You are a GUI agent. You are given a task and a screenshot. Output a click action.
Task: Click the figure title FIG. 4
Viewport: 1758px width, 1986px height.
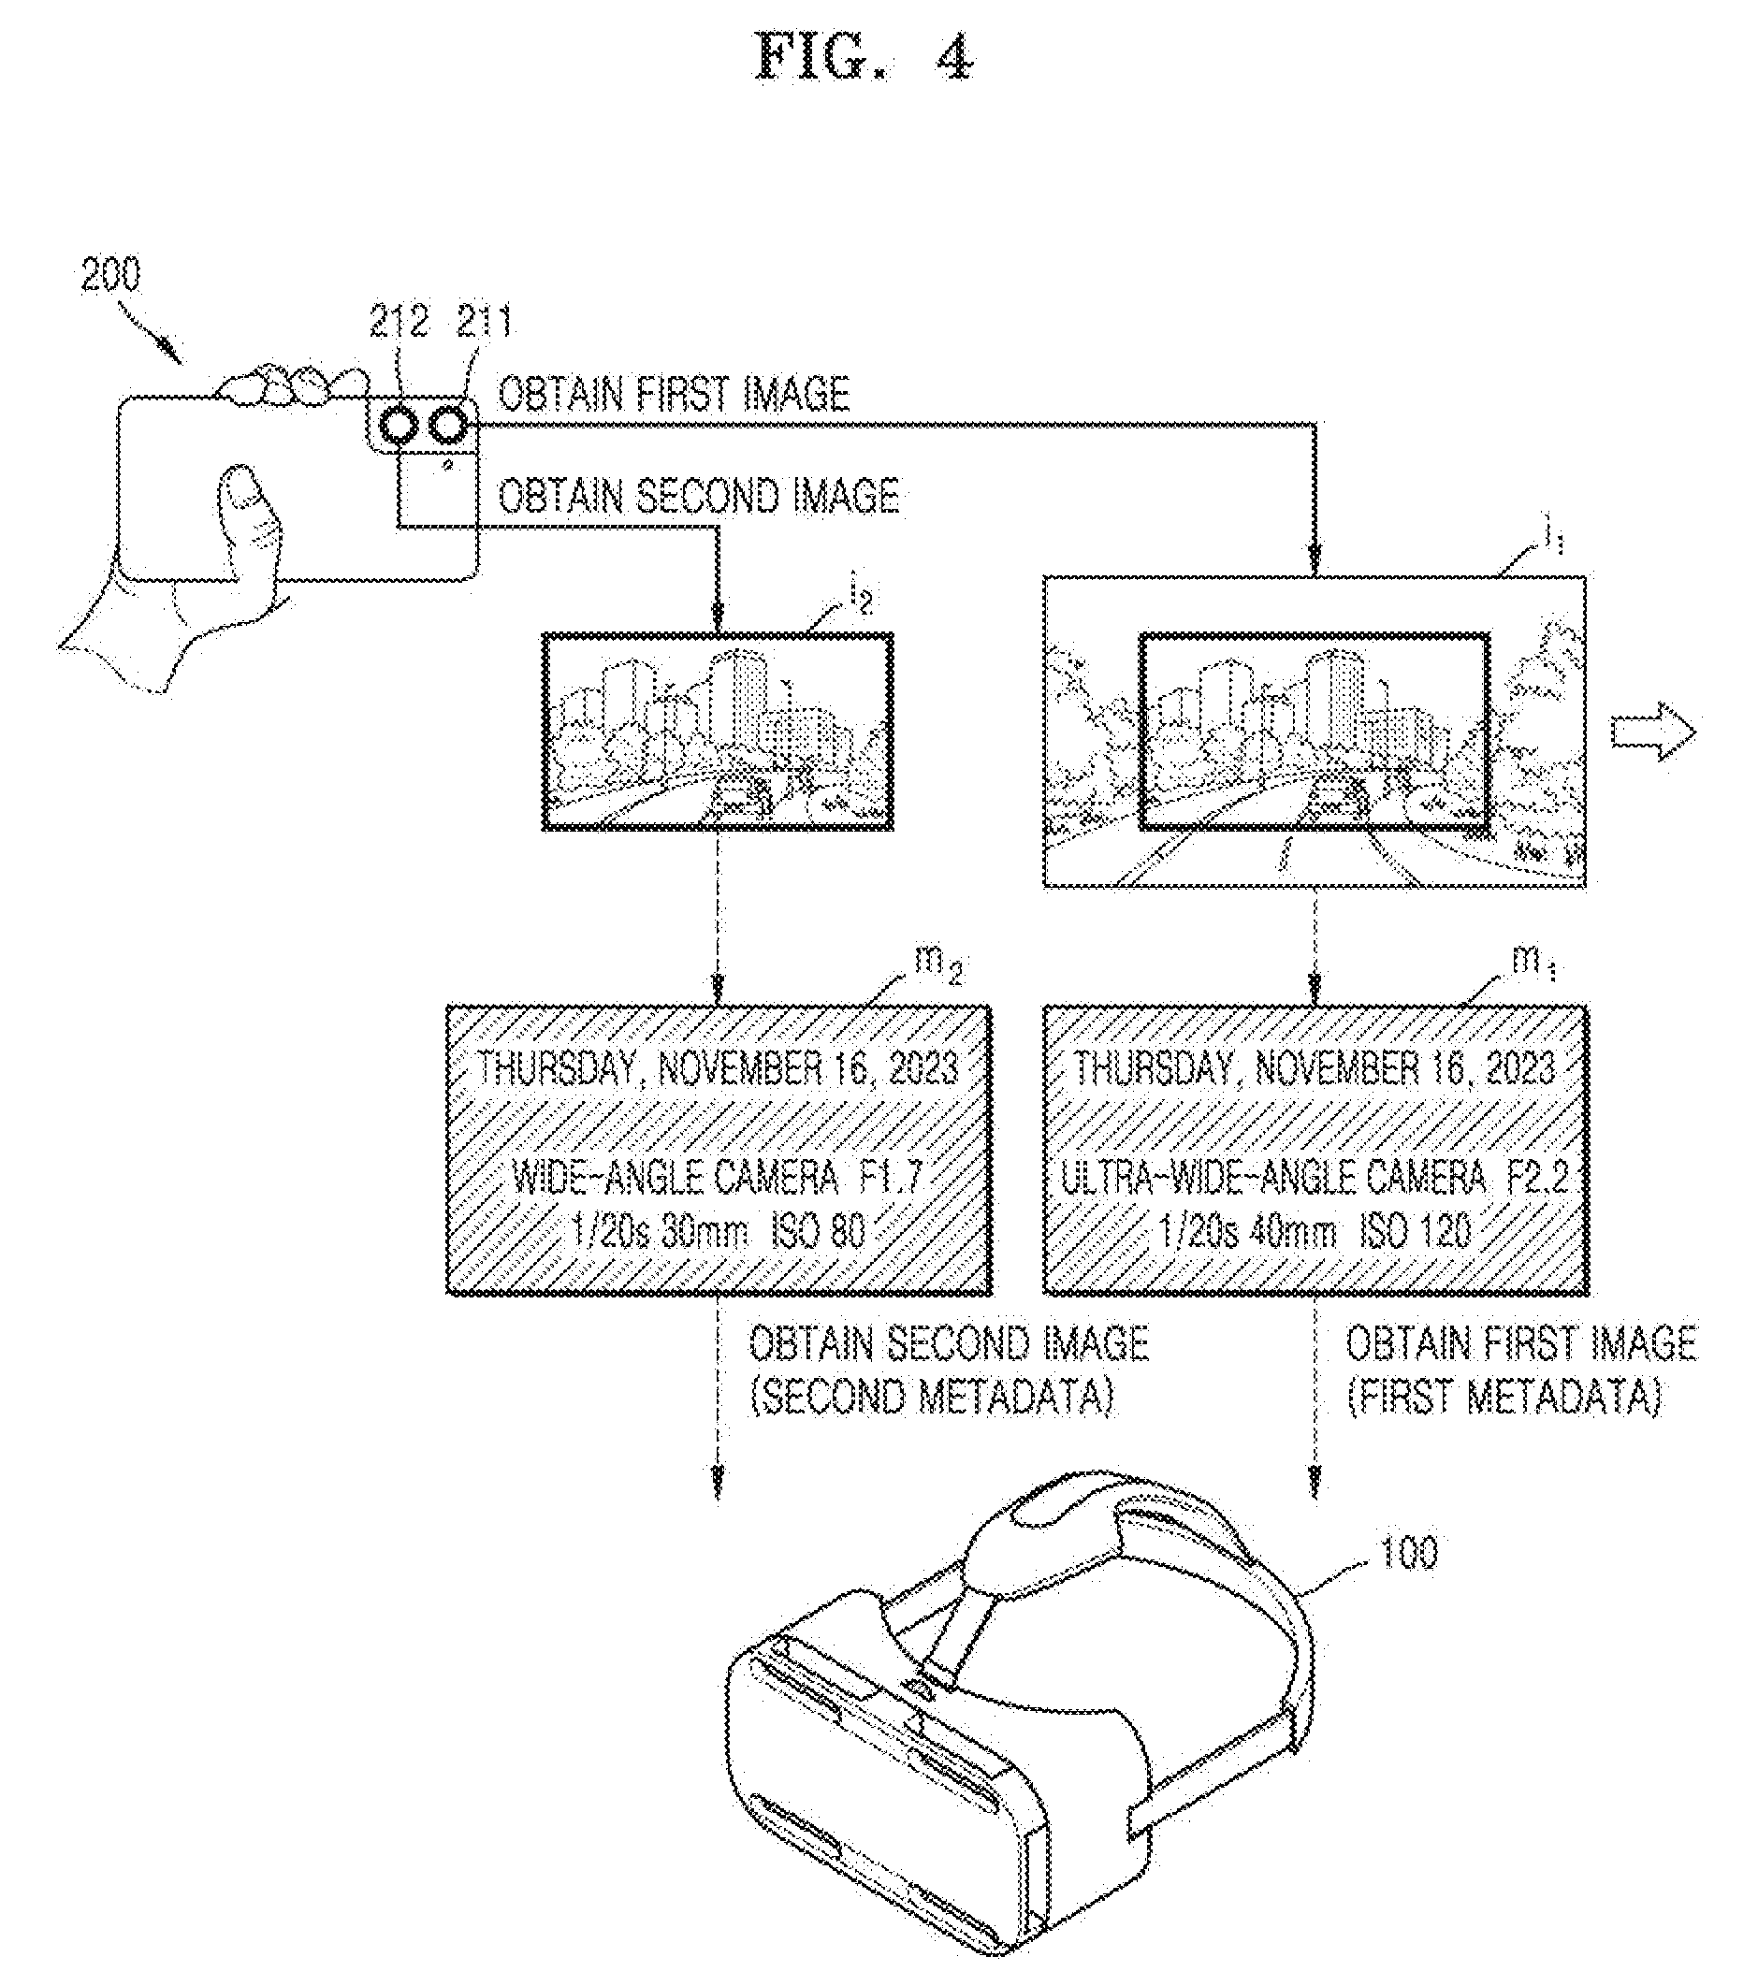pyautogui.click(x=863, y=59)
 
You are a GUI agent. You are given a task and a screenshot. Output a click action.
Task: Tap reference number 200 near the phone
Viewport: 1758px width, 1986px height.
pyautogui.click(x=110, y=275)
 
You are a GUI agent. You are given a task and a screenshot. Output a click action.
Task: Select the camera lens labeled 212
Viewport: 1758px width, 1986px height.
pyautogui.click(x=399, y=426)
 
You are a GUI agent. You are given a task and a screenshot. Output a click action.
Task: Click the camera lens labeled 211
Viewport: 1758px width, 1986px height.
pyautogui.click(x=448, y=426)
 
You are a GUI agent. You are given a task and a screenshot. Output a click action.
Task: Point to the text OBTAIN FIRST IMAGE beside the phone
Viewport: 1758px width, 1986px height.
pyautogui.click(x=674, y=395)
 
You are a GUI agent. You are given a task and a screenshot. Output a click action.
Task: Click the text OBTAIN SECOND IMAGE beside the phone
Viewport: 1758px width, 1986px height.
pyautogui.click(x=698, y=496)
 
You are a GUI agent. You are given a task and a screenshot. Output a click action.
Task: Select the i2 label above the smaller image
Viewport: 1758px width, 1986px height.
pyautogui.click(x=860, y=596)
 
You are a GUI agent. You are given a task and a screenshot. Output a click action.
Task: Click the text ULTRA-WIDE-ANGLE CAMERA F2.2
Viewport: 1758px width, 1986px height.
pyautogui.click(x=1314, y=1179)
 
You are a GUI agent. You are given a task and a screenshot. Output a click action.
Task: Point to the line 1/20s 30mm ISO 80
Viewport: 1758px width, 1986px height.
pyautogui.click(x=718, y=1233)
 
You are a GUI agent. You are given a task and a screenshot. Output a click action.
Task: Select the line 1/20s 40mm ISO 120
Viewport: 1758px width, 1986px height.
pyautogui.click(x=1315, y=1233)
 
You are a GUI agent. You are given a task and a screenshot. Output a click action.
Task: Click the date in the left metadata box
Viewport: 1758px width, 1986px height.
pyautogui.click(x=718, y=1069)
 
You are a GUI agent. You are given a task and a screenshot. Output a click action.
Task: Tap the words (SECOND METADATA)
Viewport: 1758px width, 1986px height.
pyautogui.click(x=931, y=1399)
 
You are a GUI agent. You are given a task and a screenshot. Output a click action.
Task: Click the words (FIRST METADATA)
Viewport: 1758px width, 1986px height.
pyautogui.click(x=1504, y=1399)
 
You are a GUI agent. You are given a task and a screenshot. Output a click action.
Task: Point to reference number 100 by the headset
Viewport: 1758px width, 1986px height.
pyautogui.click(x=1407, y=1553)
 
